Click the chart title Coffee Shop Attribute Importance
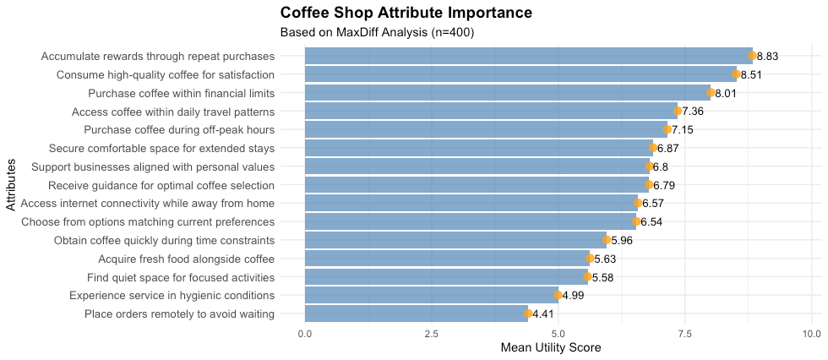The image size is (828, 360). click(406, 14)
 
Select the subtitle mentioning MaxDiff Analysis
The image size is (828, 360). click(377, 33)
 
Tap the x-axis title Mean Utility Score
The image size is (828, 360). click(550, 347)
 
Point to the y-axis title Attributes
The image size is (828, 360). click(10, 184)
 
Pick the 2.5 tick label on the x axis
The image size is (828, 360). click(431, 334)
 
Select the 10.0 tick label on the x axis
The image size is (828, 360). click(811, 334)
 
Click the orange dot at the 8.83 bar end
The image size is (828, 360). click(752, 56)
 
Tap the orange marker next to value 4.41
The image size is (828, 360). click(528, 314)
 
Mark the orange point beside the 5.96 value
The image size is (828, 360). click(607, 240)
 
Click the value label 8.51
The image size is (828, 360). click(751, 74)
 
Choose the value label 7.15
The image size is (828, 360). click(682, 130)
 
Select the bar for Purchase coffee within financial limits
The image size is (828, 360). click(507, 93)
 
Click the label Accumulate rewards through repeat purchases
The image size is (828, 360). click(157, 56)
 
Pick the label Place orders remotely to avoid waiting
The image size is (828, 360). click(179, 314)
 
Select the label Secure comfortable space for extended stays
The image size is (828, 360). click(160, 149)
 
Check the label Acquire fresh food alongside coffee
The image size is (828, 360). click(186, 259)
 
